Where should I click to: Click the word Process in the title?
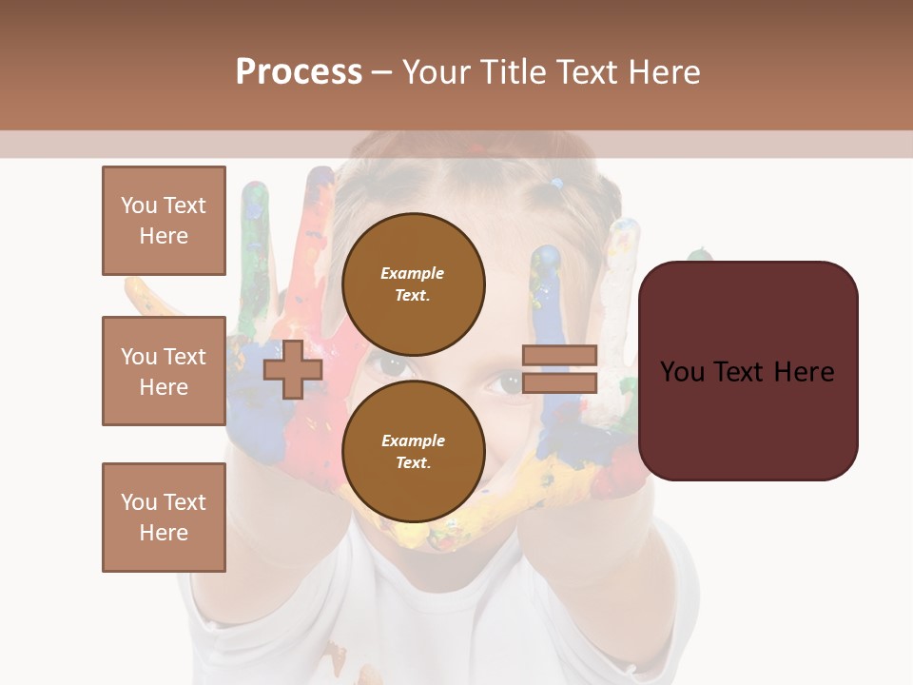[299, 72]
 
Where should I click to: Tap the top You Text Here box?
[164, 221]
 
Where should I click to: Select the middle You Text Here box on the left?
[164, 371]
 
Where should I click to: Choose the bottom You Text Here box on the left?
[164, 518]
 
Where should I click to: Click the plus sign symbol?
[293, 369]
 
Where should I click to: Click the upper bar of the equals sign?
[560, 356]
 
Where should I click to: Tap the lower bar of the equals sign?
[560, 382]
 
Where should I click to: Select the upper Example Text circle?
[413, 284]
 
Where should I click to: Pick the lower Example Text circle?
[413, 452]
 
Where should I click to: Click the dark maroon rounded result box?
[748, 371]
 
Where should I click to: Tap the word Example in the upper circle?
[413, 274]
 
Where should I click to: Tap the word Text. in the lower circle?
[413, 463]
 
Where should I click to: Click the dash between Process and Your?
[382, 72]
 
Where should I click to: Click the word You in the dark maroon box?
[682, 372]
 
